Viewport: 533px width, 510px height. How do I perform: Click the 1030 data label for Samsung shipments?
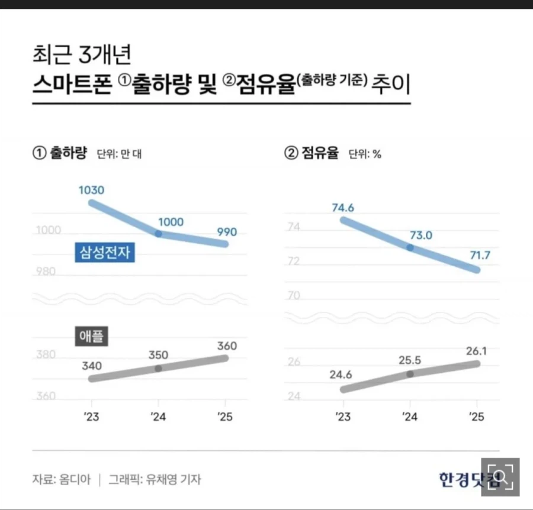pos(91,191)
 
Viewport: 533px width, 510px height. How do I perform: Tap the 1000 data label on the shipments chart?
pos(171,222)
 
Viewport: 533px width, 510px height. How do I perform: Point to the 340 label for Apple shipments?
pos(91,366)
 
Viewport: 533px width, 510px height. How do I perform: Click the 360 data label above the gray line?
pos(227,346)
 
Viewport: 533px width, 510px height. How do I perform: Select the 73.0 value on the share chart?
pos(421,235)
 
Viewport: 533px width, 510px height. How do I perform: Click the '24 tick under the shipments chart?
pos(158,417)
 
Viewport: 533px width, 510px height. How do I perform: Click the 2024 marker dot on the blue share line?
pos(410,247)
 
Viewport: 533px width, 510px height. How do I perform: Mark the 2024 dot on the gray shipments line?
pos(158,368)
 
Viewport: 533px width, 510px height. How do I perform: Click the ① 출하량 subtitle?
pos(60,154)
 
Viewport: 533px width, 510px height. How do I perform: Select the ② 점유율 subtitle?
pos(312,154)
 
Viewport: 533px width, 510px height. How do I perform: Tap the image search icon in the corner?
pos(500,477)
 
